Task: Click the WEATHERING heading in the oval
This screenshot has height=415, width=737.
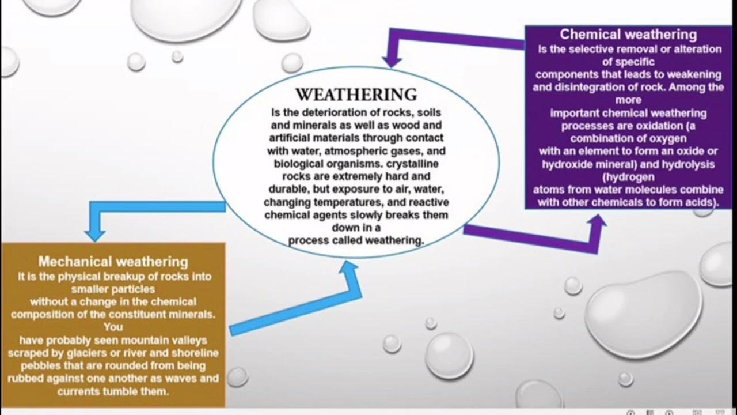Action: (x=356, y=95)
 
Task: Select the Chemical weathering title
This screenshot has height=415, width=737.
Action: (x=628, y=35)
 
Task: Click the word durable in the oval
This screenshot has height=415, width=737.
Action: (x=291, y=188)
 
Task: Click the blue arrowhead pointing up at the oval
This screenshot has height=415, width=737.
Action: (x=349, y=267)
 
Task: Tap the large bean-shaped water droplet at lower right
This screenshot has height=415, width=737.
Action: (x=644, y=312)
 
